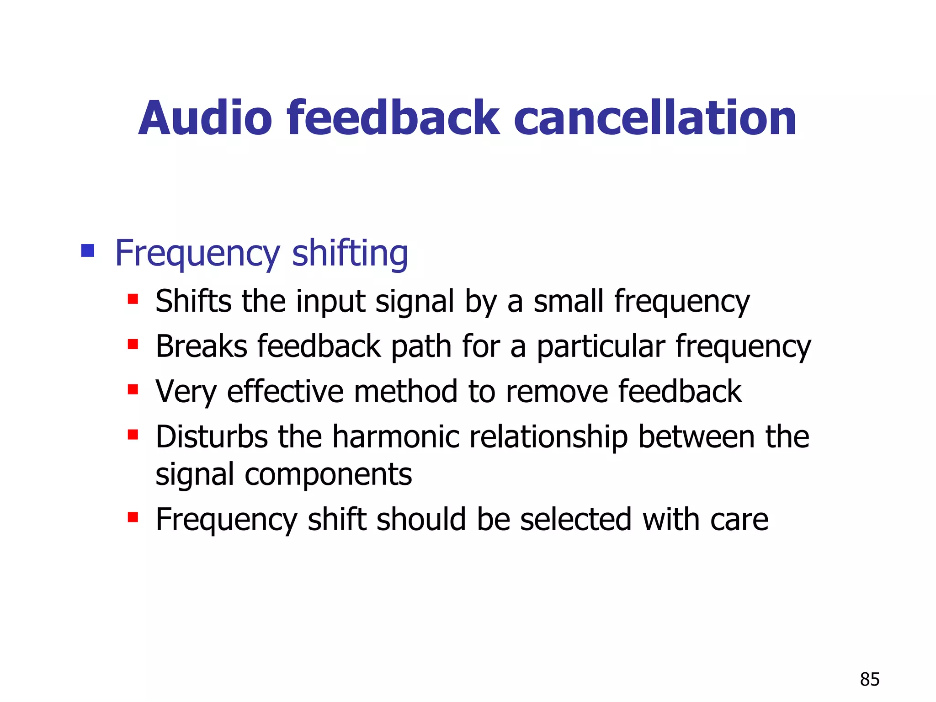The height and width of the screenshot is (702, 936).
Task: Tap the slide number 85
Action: [869, 680]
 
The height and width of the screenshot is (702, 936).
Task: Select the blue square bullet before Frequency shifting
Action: [87, 250]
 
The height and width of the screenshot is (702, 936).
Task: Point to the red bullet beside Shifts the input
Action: [133, 299]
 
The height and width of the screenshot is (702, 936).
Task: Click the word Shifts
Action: [193, 301]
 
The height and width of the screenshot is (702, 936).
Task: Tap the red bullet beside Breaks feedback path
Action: [133, 344]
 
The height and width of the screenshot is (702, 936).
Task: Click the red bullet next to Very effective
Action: [133, 389]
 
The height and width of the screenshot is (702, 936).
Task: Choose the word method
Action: [405, 392]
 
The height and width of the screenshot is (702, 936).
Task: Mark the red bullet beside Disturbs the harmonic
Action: [133, 434]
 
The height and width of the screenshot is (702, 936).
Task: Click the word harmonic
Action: [395, 436]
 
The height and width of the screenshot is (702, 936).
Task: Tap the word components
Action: [328, 475]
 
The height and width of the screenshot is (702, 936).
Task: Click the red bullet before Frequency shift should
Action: [133, 517]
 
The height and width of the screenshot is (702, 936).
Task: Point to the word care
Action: [739, 520]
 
